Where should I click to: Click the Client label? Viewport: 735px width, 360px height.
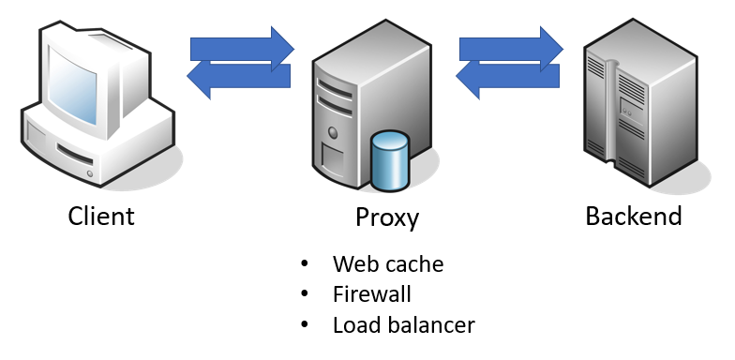[101, 217]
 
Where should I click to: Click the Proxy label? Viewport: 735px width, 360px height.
[387, 217]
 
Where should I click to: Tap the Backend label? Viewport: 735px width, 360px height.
[634, 217]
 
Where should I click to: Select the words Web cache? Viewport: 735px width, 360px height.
[388, 264]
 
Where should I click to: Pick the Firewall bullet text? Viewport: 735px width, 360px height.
[372, 294]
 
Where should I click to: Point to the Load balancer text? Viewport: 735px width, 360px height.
[404, 325]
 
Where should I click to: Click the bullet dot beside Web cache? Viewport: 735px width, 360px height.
[304, 265]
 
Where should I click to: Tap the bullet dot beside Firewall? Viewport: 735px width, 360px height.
[304, 295]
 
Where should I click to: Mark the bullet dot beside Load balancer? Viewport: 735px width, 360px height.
[304, 326]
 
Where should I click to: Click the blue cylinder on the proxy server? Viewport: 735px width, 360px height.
[390, 160]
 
